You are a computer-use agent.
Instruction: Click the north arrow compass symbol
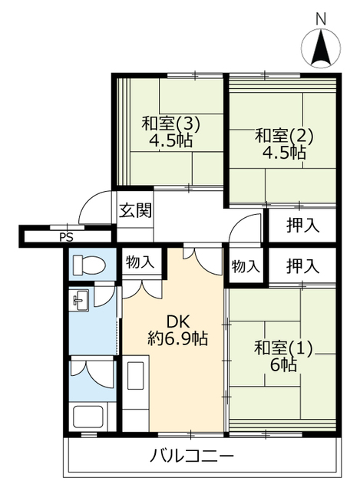coord(321,48)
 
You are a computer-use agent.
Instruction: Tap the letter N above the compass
coord(321,19)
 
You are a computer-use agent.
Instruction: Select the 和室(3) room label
coord(170,124)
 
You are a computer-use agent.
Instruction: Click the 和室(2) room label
coord(284,136)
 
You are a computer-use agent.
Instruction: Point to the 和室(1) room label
coord(283,348)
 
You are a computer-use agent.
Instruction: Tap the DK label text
coord(178,322)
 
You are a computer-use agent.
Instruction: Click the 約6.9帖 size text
coord(177,338)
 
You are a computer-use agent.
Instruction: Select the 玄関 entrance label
coord(135,210)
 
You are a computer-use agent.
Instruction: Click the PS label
coord(66,237)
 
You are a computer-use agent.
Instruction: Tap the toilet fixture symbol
coord(89,265)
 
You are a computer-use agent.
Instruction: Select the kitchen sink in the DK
coord(136,375)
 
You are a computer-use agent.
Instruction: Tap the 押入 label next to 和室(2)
coord(302,225)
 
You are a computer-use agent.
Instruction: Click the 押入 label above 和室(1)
coord(302,266)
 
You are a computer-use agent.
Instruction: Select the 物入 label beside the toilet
coord(140,262)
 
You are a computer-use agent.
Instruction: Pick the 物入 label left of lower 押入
coord(246,266)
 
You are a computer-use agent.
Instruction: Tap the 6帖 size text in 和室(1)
coord(283,364)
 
